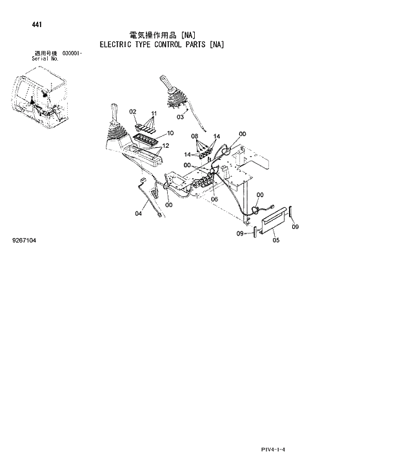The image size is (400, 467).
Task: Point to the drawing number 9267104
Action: pos(24,241)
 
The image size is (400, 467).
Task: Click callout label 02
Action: pos(132,112)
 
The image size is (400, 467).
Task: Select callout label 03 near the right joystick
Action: pos(180,117)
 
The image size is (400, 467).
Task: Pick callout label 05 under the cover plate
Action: pos(275,241)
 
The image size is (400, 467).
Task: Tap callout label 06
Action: pos(214,199)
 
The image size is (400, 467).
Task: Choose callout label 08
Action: pos(194,137)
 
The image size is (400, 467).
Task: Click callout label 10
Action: pos(170,134)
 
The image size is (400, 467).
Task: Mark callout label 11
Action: pos(154,114)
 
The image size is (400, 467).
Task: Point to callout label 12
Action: pos(165,146)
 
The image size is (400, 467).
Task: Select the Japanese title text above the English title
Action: pos(161,34)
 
